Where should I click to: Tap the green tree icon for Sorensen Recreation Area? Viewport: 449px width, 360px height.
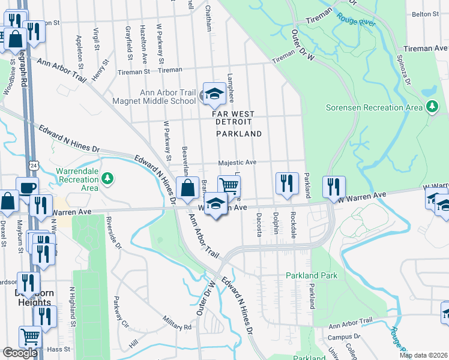pyautogui.click(x=432, y=107)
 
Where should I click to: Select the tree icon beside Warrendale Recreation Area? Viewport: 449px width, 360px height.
pyautogui.click(x=107, y=178)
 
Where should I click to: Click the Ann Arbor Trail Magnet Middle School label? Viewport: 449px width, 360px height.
pyautogui.click(x=167, y=97)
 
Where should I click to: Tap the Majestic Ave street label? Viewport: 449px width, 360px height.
pyautogui.click(x=237, y=162)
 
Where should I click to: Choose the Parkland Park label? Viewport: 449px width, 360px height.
pyautogui.click(x=312, y=275)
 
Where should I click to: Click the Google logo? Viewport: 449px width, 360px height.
pyautogui.click(x=20, y=353)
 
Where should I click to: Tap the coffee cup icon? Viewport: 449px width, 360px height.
pyautogui.click(x=28, y=187)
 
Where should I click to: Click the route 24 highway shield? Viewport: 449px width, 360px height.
pyautogui.click(x=35, y=164)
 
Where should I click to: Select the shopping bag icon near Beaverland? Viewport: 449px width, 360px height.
pyautogui.click(x=188, y=188)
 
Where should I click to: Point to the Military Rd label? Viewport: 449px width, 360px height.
pyautogui.click(x=179, y=326)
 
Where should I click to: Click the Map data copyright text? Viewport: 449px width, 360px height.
pyautogui.click(x=423, y=355)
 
